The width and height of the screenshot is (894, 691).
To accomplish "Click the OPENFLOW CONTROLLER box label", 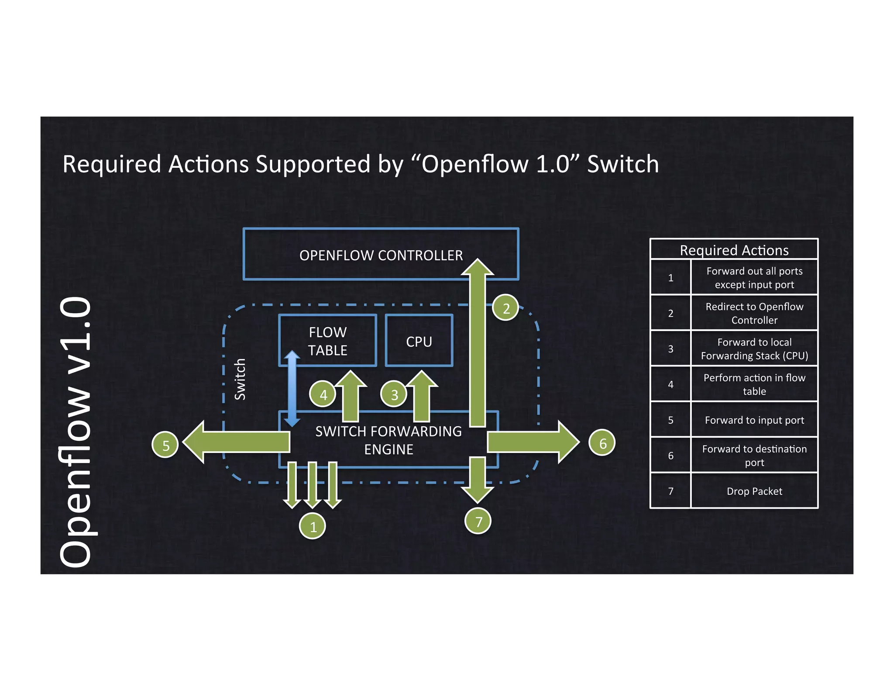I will tap(381, 255).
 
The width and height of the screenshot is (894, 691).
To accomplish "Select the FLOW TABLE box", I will tap(327, 341).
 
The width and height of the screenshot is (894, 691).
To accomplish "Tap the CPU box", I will tap(419, 341).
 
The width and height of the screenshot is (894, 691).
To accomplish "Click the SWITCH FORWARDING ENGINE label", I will tap(389, 440).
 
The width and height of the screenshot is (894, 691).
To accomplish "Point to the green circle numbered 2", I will tap(505, 308).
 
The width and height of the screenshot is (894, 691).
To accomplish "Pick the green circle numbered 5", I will tap(165, 445).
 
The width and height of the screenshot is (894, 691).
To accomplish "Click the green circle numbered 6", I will tap(602, 443).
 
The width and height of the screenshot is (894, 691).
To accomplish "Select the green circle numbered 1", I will tap(313, 526).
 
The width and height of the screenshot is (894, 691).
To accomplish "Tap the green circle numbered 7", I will tap(478, 521).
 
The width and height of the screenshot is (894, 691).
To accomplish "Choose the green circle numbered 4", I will tap(323, 394).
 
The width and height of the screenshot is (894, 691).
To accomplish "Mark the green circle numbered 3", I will tap(394, 394).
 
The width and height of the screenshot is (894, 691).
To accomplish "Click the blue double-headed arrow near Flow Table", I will tap(292, 388).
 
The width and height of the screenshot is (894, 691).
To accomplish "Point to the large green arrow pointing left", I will tap(236, 442).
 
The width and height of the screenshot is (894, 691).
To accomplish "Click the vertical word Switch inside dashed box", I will tap(240, 379).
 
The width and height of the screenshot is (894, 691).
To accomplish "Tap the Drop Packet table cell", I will tap(754, 491).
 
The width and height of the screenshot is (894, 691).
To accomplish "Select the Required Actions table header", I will tap(734, 250).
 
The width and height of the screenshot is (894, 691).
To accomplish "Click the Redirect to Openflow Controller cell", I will tap(754, 313).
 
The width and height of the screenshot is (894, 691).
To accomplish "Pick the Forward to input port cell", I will tap(754, 420).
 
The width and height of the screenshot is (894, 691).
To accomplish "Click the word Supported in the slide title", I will tap(313, 164).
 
